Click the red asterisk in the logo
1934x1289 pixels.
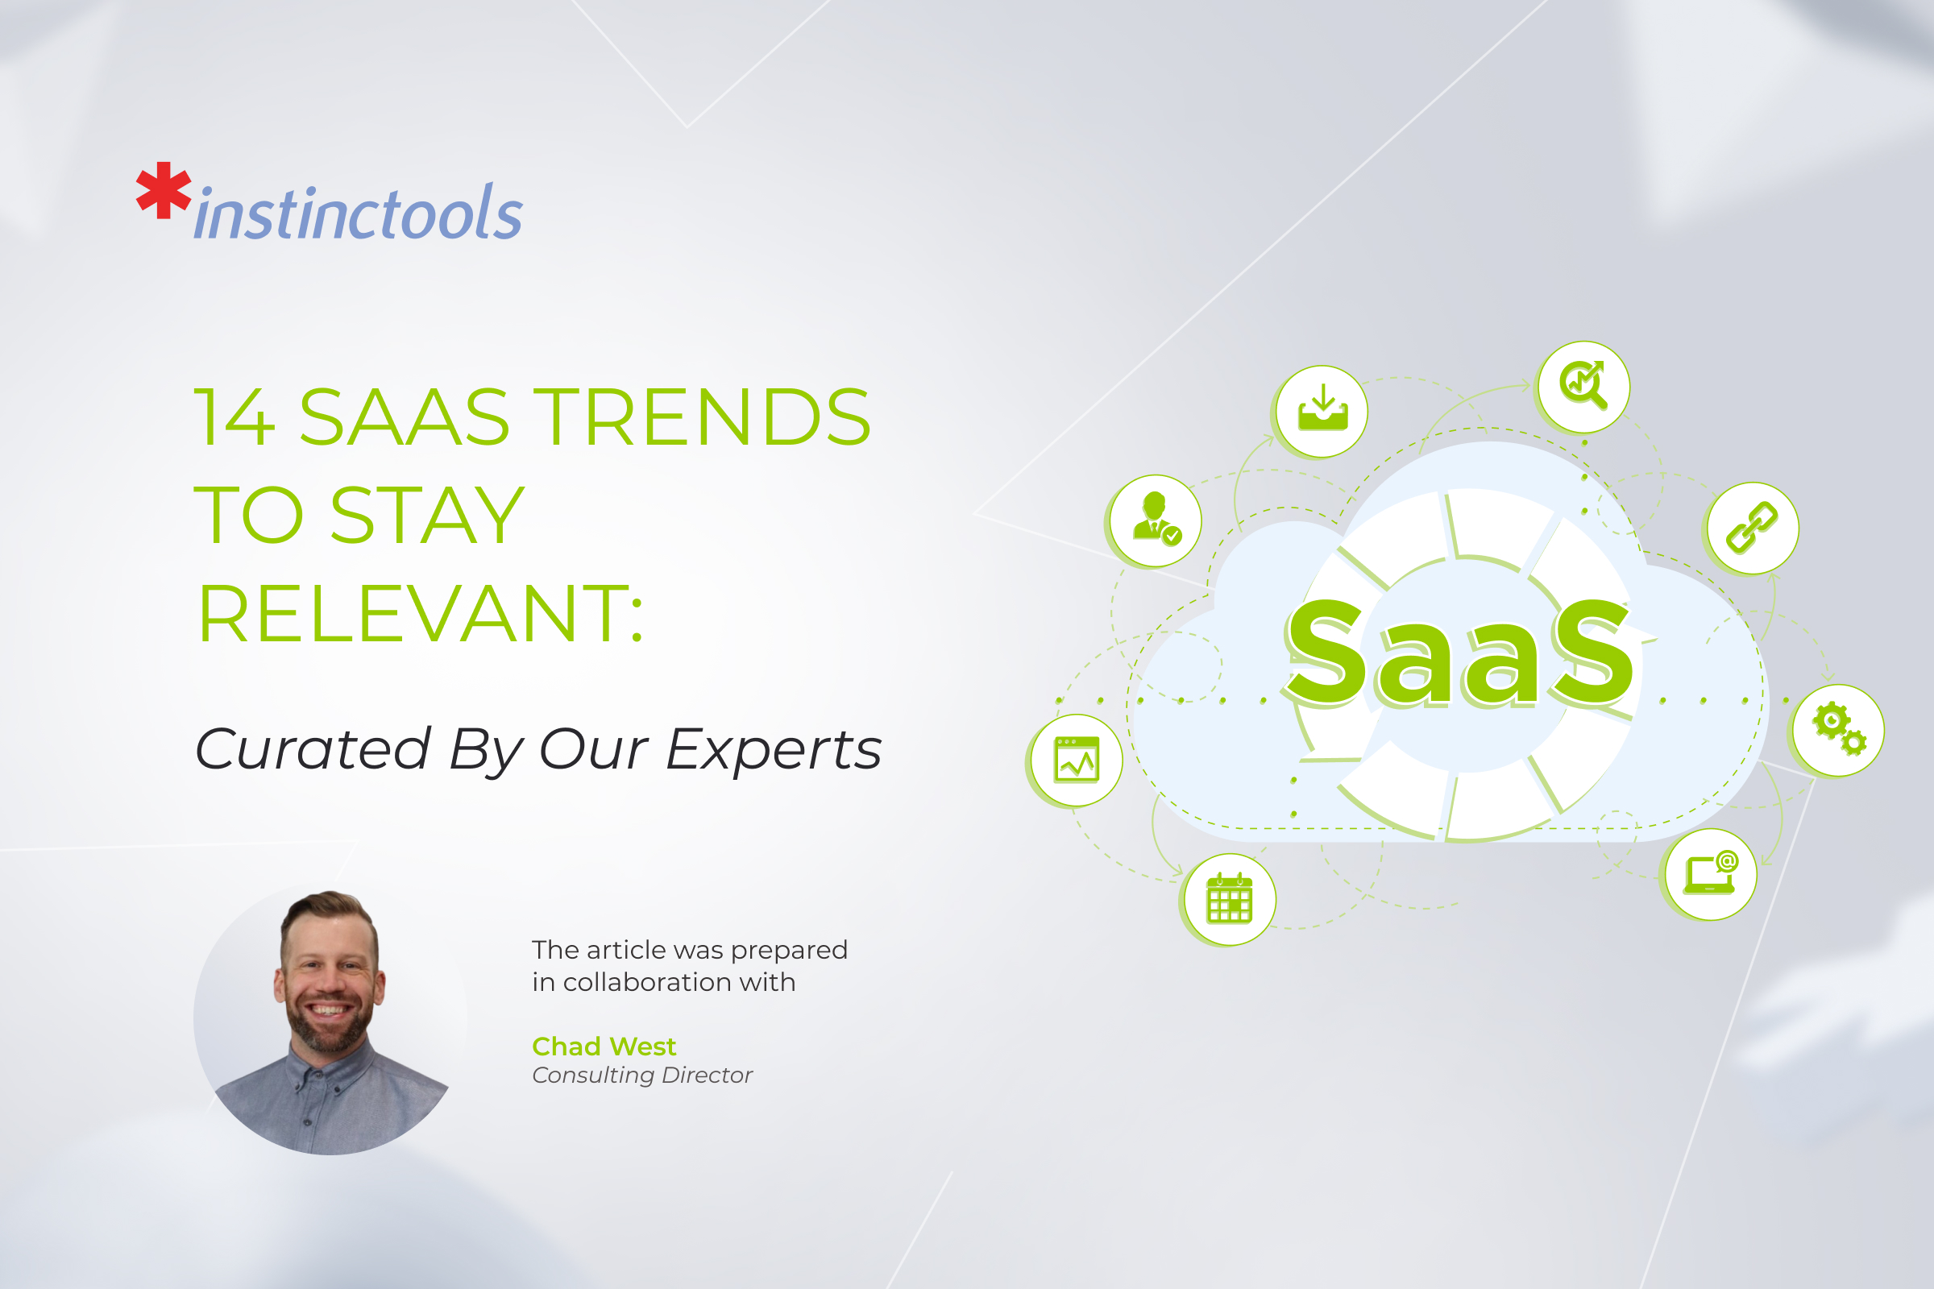click(x=164, y=191)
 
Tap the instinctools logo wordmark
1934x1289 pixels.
click(x=359, y=214)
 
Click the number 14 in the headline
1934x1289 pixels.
click(x=234, y=417)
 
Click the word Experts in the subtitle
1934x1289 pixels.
click(x=773, y=750)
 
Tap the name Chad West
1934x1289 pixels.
click(x=604, y=1047)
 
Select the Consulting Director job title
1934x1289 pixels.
click(x=642, y=1076)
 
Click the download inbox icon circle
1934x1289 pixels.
click(x=1322, y=411)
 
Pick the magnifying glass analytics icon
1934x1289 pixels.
click(x=1583, y=386)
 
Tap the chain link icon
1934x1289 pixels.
click(x=1751, y=528)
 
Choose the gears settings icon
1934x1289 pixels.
click(x=1839, y=729)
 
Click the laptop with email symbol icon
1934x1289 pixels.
click(x=1710, y=874)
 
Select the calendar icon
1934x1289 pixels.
click(x=1230, y=899)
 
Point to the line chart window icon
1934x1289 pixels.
click(x=1077, y=761)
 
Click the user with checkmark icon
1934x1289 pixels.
click(x=1156, y=520)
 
